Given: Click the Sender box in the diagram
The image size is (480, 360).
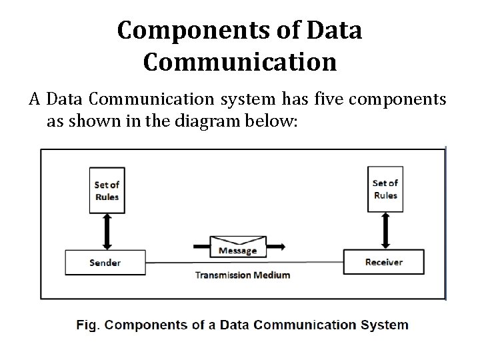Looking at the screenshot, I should [x=105, y=262].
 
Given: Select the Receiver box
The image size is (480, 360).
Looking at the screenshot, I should [x=383, y=262].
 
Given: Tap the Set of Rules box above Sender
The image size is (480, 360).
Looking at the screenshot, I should [x=107, y=191].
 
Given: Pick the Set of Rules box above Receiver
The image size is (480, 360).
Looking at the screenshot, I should [x=385, y=189].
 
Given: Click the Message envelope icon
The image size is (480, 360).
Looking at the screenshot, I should [x=238, y=246].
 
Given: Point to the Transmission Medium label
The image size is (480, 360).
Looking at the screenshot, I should [x=242, y=275].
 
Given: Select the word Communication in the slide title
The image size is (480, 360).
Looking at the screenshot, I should [x=239, y=62].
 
